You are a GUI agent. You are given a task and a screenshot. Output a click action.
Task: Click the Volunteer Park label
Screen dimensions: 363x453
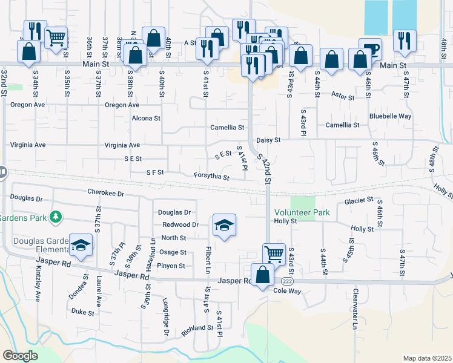[x=302, y=212]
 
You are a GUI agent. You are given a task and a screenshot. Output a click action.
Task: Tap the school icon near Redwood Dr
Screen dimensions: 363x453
[x=224, y=226]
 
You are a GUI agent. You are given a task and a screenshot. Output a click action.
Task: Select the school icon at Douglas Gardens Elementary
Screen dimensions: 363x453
[x=81, y=245]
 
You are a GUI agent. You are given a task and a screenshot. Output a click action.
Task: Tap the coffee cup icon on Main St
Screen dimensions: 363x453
[x=370, y=48]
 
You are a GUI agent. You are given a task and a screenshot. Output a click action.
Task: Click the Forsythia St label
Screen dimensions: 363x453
[x=211, y=177]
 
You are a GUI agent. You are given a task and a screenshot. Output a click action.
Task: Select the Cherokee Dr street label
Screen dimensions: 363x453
[x=105, y=194]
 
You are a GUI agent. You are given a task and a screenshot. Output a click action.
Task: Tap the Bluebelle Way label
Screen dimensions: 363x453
[x=390, y=116]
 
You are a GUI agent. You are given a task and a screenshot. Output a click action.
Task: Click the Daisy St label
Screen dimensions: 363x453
[x=268, y=140]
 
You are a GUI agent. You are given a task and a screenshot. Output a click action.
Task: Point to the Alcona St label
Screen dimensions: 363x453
[x=146, y=119]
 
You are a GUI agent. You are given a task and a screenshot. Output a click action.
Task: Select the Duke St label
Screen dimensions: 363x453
[x=83, y=312]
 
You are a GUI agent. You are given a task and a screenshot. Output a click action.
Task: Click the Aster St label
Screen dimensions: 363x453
[x=343, y=96]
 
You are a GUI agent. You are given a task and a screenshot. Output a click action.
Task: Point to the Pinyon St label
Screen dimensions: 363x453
[x=172, y=266]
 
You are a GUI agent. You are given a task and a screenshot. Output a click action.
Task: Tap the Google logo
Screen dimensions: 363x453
[x=20, y=356]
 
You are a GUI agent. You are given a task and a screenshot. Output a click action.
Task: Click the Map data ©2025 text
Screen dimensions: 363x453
[x=427, y=358]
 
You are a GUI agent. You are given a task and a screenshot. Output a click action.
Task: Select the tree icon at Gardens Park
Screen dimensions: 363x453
[x=56, y=217]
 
